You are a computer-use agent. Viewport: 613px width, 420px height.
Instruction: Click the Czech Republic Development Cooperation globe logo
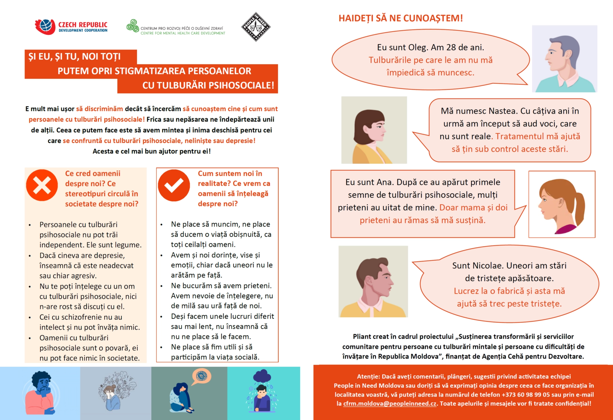pos(45,27)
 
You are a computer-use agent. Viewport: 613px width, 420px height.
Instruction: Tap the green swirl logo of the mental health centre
pos(133,26)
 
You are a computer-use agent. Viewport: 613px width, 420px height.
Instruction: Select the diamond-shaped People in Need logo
pos(256,27)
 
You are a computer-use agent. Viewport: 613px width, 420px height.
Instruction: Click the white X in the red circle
pos(42,185)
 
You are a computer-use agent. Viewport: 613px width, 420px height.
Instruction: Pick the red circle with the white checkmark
pos(174,185)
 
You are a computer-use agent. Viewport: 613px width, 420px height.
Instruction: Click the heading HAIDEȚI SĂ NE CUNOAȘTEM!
pos(401,18)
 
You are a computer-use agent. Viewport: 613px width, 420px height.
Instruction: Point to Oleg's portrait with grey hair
pos(565,59)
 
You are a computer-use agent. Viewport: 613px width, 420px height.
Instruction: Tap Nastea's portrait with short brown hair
pos(374,130)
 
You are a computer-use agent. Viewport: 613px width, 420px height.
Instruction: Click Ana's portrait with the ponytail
pos(562,204)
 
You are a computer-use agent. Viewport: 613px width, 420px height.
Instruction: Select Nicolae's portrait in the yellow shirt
pos(373,281)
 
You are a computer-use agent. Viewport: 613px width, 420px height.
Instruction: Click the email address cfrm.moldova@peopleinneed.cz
pos(390,404)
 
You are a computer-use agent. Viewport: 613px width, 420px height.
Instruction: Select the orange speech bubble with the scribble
pos(201,376)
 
